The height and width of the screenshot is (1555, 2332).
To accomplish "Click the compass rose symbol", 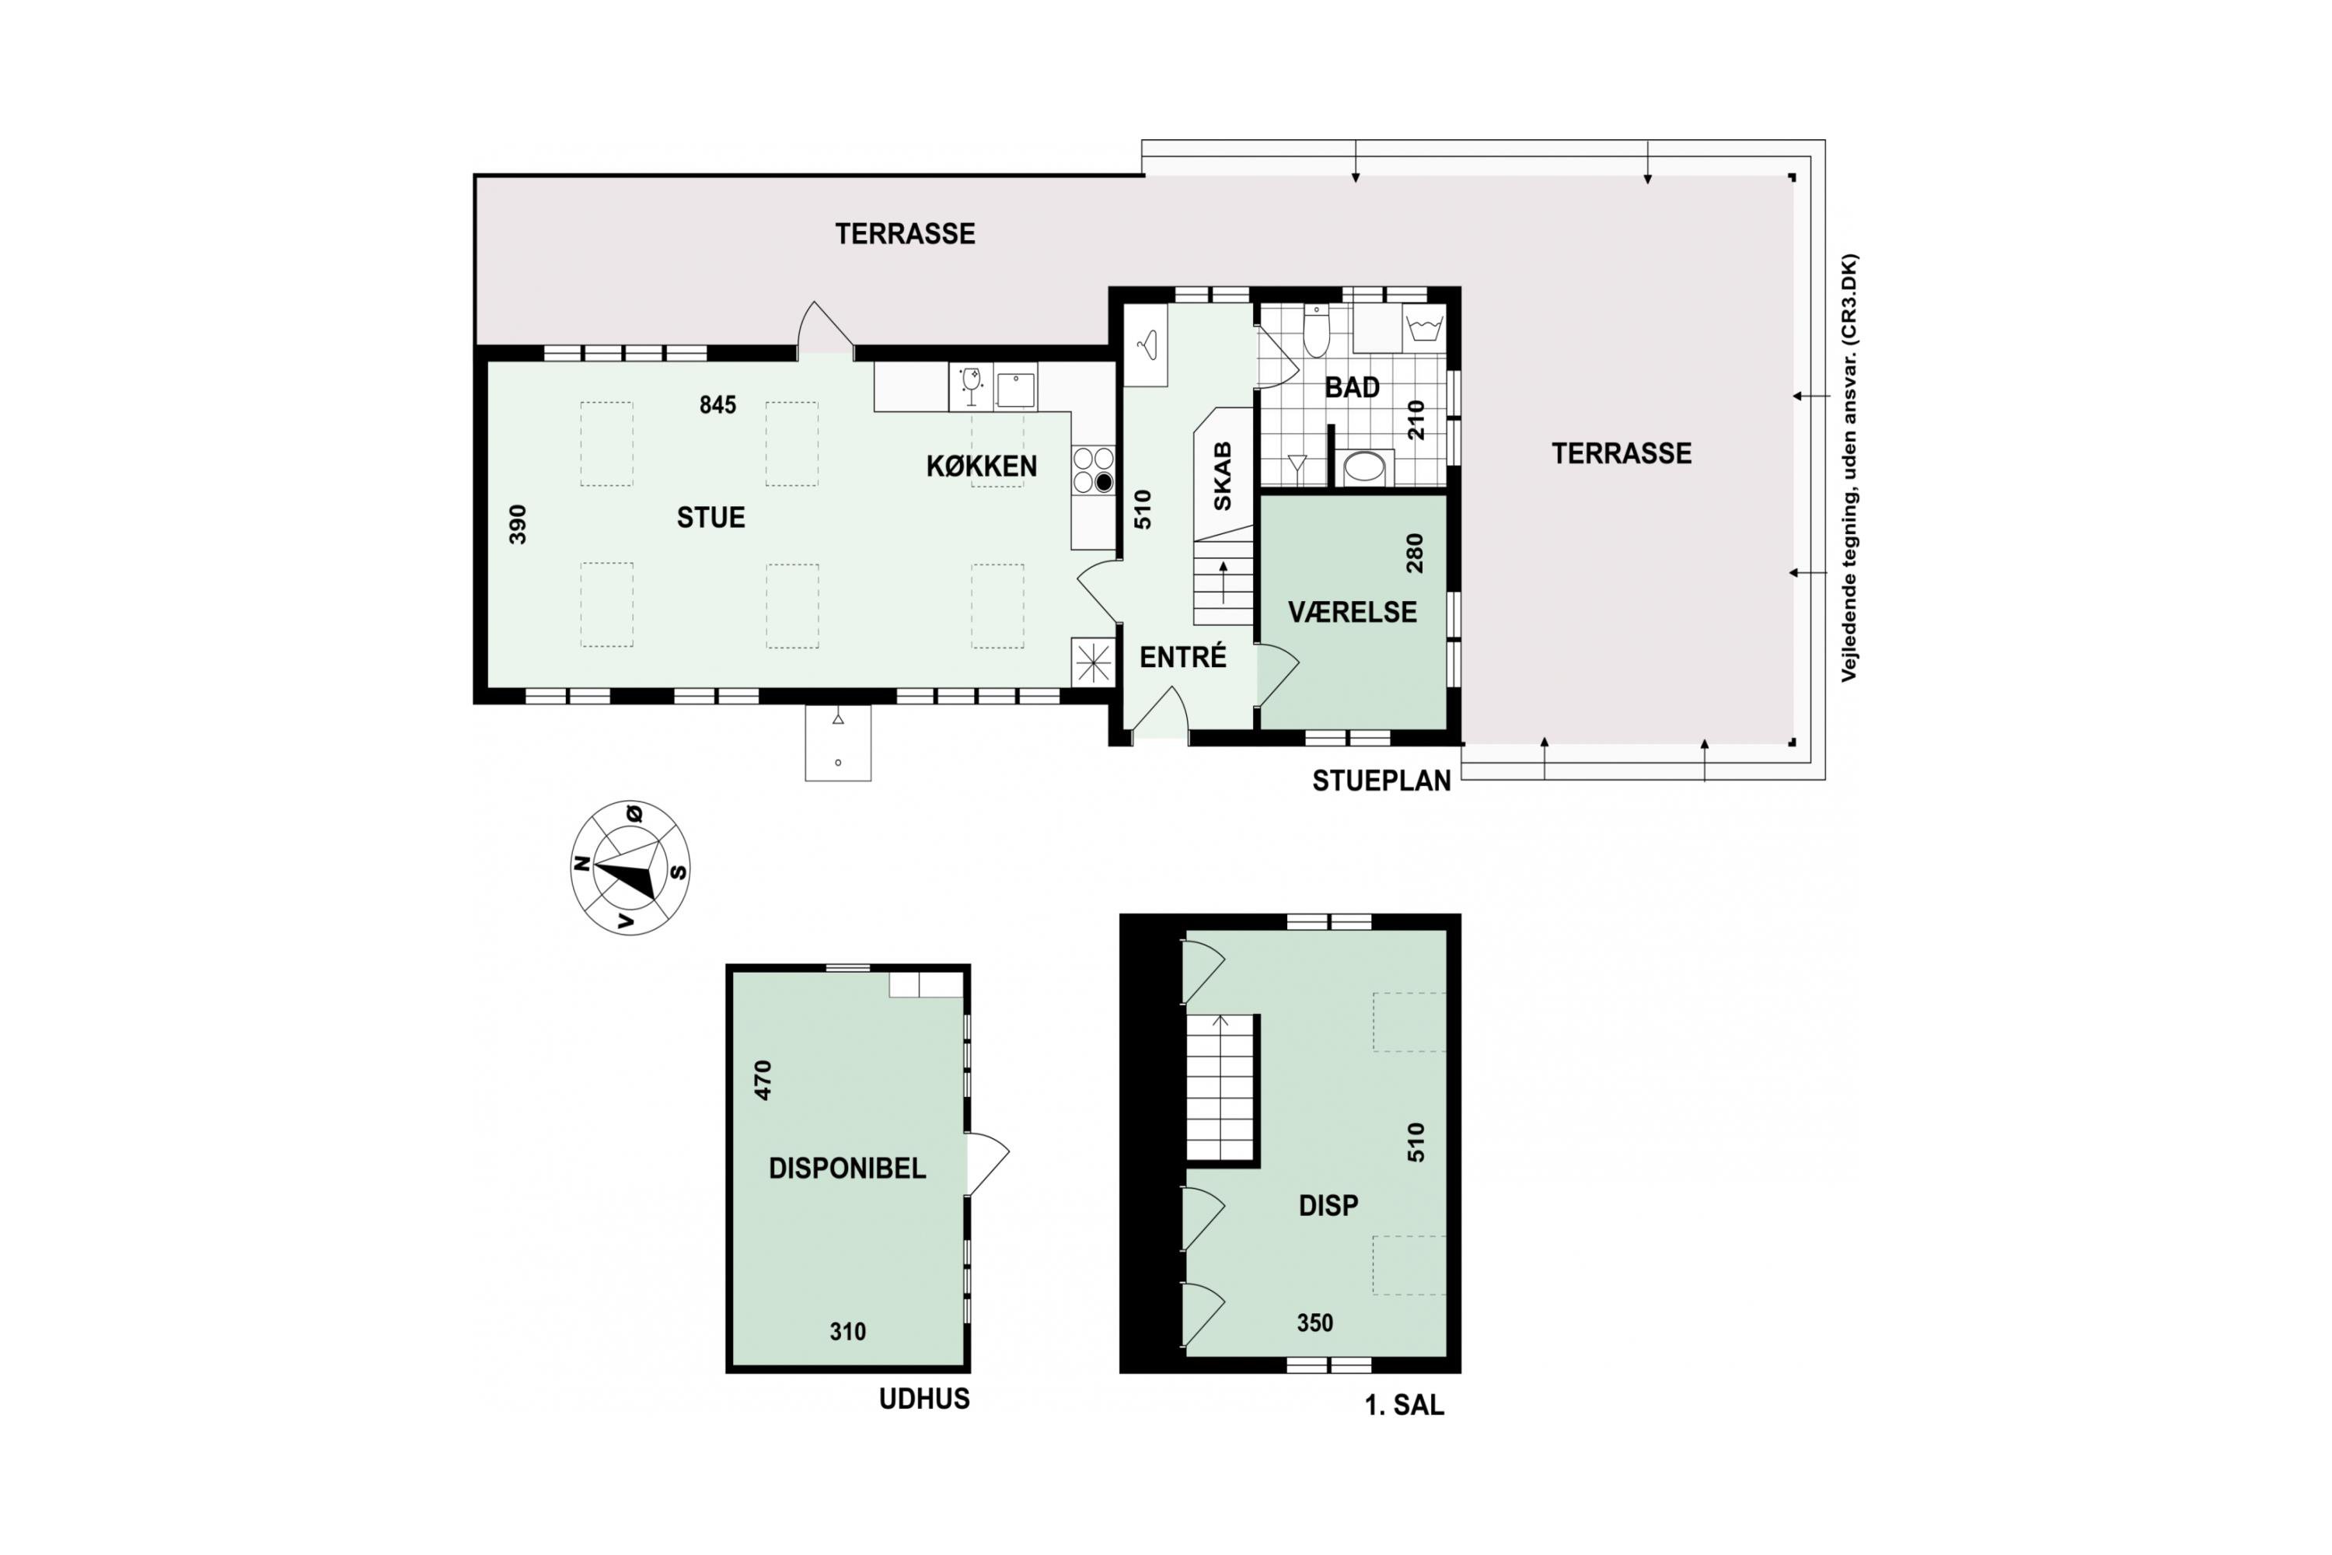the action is tap(630, 868).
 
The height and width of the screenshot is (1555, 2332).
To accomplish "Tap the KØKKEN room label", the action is tap(982, 466).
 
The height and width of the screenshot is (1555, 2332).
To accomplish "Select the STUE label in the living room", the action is tap(711, 518).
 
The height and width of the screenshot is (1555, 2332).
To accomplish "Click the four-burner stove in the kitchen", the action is tap(1093, 470).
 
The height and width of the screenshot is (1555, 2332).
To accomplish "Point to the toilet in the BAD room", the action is tap(1316, 331).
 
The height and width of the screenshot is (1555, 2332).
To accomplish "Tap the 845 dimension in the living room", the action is tap(717, 404).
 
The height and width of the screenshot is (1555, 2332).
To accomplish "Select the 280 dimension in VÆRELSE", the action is tap(1415, 554).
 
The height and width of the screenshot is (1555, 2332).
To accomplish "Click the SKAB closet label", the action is tap(1223, 476).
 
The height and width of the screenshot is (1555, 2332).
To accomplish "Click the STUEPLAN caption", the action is tap(1381, 781).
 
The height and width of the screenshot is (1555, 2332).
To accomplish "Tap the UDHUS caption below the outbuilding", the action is tap(924, 1399).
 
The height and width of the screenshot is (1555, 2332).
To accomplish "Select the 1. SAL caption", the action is tap(1404, 1405).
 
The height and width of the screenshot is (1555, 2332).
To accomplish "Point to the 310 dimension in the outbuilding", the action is tap(848, 1332).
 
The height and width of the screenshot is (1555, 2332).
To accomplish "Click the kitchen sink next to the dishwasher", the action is tap(1015, 390).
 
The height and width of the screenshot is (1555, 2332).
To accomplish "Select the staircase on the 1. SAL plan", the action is tap(1221, 1088).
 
